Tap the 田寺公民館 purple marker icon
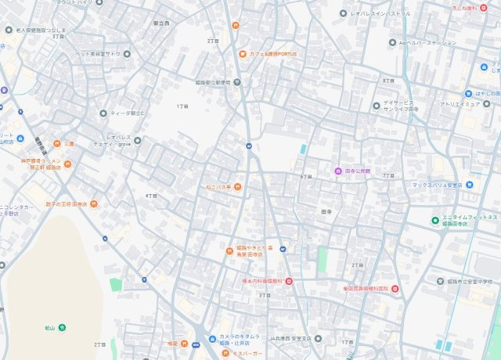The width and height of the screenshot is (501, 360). pyautogui.click(x=337, y=171)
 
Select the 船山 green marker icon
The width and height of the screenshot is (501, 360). pyautogui.click(x=62, y=326)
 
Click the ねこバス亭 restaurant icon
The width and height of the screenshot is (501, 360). pyautogui.click(x=238, y=186)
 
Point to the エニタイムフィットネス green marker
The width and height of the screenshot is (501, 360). pyautogui.click(x=435, y=220)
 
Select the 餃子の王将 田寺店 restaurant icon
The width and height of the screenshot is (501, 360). pyautogui.click(x=94, y=204)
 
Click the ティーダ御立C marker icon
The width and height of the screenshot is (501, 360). pyautogui.click(x=103, y=113)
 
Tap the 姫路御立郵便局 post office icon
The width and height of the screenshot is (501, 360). pyautogui.click(x=237, y=81)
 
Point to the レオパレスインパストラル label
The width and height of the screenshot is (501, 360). pyautogui.click(x=380, y=14)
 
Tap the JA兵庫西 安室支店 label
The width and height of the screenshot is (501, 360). pyautogui.click(x=290, y=338)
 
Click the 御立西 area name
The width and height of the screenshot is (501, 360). pyautogui.click(x=161, y=23)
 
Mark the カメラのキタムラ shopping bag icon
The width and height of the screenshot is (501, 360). pyautogui.click(x=211, y=339)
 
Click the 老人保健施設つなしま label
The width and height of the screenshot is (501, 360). pyautogui.click(x=38, y=29)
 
